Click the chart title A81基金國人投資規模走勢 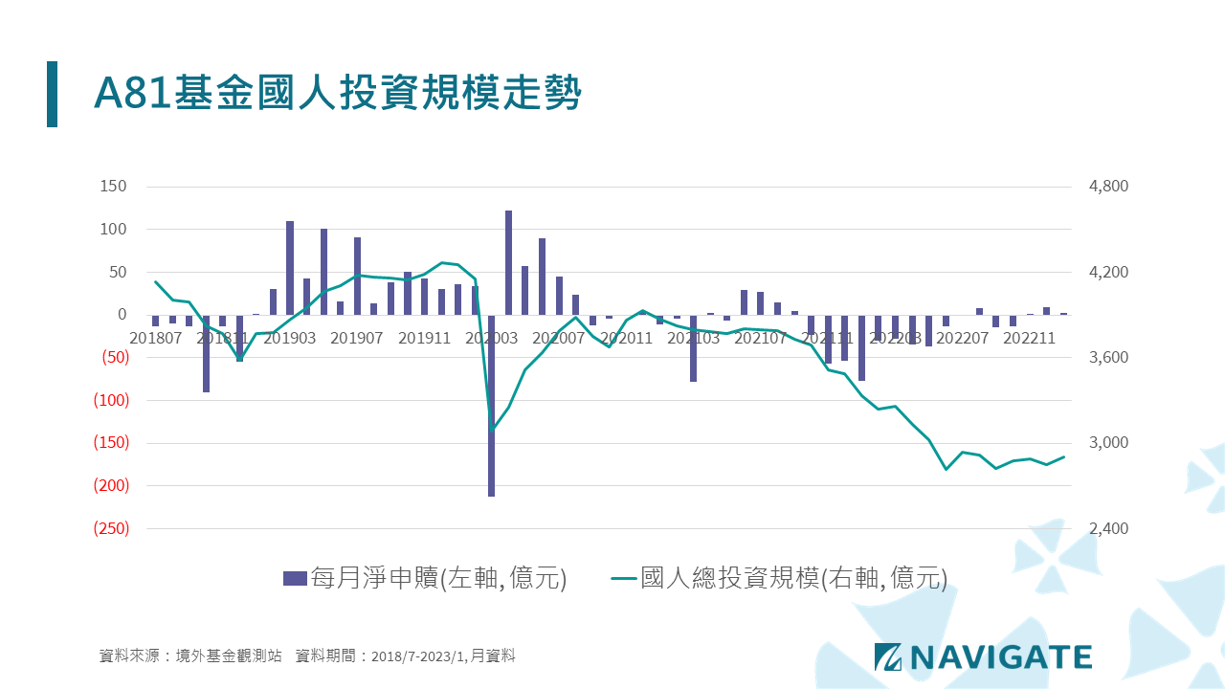coord(337,94)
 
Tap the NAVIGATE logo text coord(1000,656)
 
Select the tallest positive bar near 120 coord(509,262)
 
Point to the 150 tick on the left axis coord(114,187)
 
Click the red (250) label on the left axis coord(110,528)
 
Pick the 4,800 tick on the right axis coord(1109,187)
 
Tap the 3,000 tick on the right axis coord(1109,443)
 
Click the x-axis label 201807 coord(155,338)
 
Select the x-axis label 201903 coord(290,338)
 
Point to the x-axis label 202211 coord(1029,338)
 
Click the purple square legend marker coord(295,578)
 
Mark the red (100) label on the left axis coord(110,400)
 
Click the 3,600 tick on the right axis coord(1109,358)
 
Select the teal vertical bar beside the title coord(52,94)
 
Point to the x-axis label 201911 coord(425,338)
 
